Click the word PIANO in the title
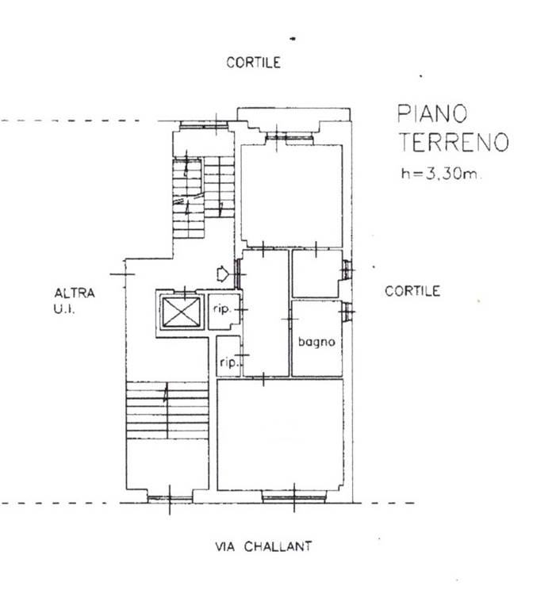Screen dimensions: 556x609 pos(432,113)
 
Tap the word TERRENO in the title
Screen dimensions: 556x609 pos(454,142)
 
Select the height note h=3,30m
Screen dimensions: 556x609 pos(440,173)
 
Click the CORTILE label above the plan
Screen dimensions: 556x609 pos(253,63)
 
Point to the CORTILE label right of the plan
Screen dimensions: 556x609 pos(412,291)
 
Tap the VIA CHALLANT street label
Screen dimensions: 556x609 pos(263,546)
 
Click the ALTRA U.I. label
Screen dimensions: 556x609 pos(75,301)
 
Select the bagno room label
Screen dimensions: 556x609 pos(316,343)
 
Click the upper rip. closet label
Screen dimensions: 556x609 pos(222,309)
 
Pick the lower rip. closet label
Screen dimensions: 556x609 pos(228,362)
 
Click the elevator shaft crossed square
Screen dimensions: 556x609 pos(181,312)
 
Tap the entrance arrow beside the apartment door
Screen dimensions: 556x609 pos(223,274)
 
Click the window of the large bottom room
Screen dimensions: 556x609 pos(294,496)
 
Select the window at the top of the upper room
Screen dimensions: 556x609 pos(290,137)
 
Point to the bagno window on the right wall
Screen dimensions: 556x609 pos(348,312)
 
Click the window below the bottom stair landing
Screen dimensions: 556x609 pos(170,497)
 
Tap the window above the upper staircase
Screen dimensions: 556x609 pos(204,125)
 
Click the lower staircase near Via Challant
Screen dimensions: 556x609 pos(167,411)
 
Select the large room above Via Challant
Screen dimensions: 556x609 pos(280,435)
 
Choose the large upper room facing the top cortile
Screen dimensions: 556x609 pos(292,196)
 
